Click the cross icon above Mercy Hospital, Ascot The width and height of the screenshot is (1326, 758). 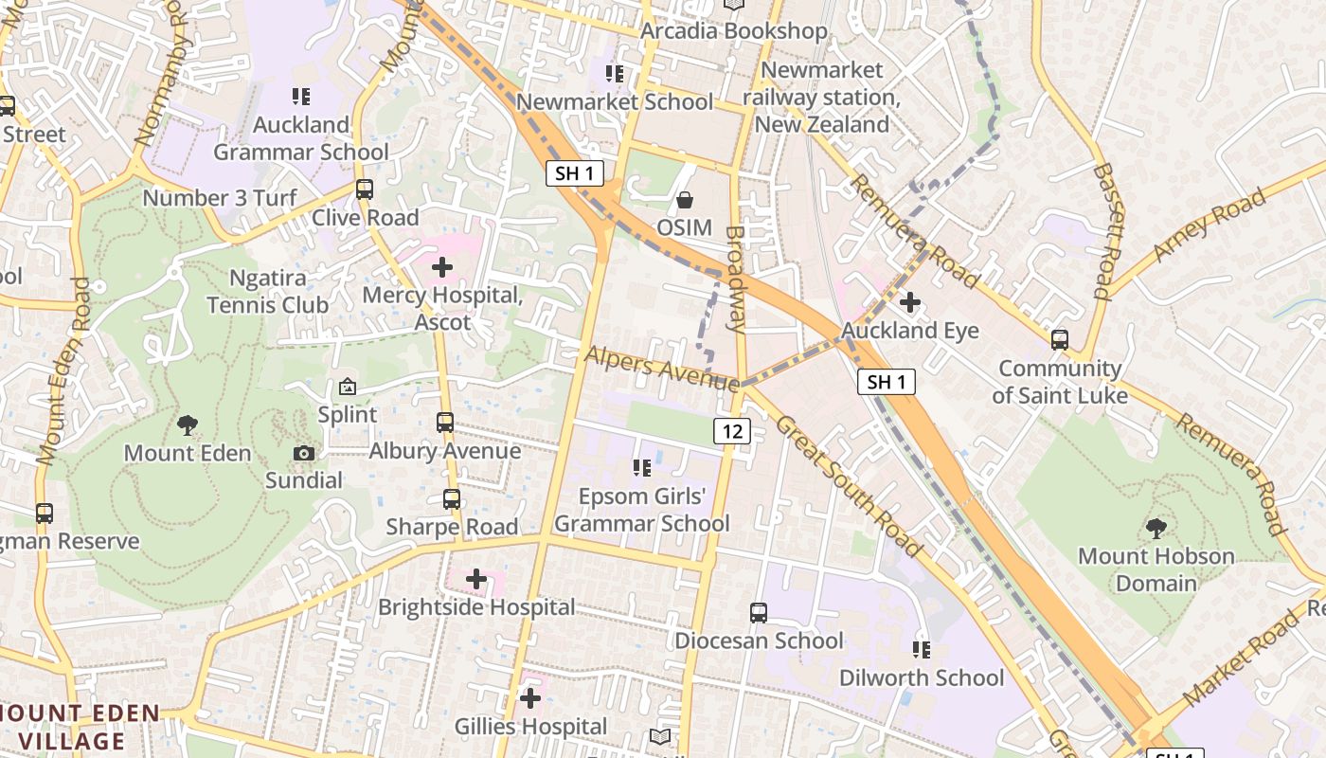(442, 267)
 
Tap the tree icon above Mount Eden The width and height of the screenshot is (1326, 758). (188, 425)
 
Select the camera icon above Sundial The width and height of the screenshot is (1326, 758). (304, 453)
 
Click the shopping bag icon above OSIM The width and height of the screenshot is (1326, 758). (684, 200)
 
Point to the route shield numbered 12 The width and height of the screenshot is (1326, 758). (732, 431)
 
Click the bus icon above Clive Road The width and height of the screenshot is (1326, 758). (365, 189)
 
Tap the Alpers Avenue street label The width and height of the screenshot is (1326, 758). (661, 368)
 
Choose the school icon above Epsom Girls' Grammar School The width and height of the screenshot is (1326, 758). (641, 468)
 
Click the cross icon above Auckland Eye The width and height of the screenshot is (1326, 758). (910, 303)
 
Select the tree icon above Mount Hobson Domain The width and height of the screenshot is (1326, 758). (1156, 528)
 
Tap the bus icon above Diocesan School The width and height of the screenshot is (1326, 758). (759, 612)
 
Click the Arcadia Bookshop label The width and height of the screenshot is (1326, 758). (734, 31)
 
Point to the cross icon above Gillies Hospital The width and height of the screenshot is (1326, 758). (530, 699)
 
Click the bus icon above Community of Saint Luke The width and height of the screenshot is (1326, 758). (1060, 339)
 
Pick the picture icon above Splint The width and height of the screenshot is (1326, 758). (348, 387)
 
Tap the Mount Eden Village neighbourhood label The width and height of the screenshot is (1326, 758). (80, 727)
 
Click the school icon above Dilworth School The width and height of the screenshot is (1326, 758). (922, 650)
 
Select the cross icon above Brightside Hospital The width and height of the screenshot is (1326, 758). (476, 579)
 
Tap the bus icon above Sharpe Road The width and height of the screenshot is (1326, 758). (452, 498)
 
